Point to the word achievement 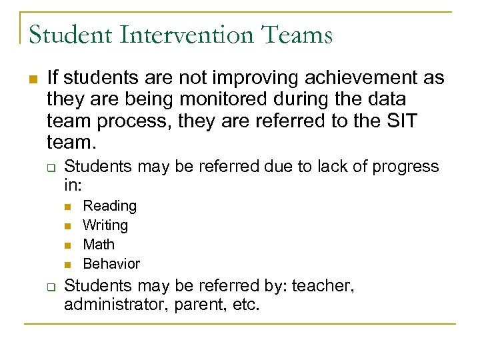click(x=343, y=78)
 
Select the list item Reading click(x=109, y=206)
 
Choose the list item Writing click(x=105, y=225)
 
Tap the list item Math click(x=99, y=245)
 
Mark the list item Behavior click(x=111, y=264)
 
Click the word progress click(x=406, y=166)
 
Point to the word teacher click(x=322, y=287)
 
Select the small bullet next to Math click(x=69, y=245)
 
